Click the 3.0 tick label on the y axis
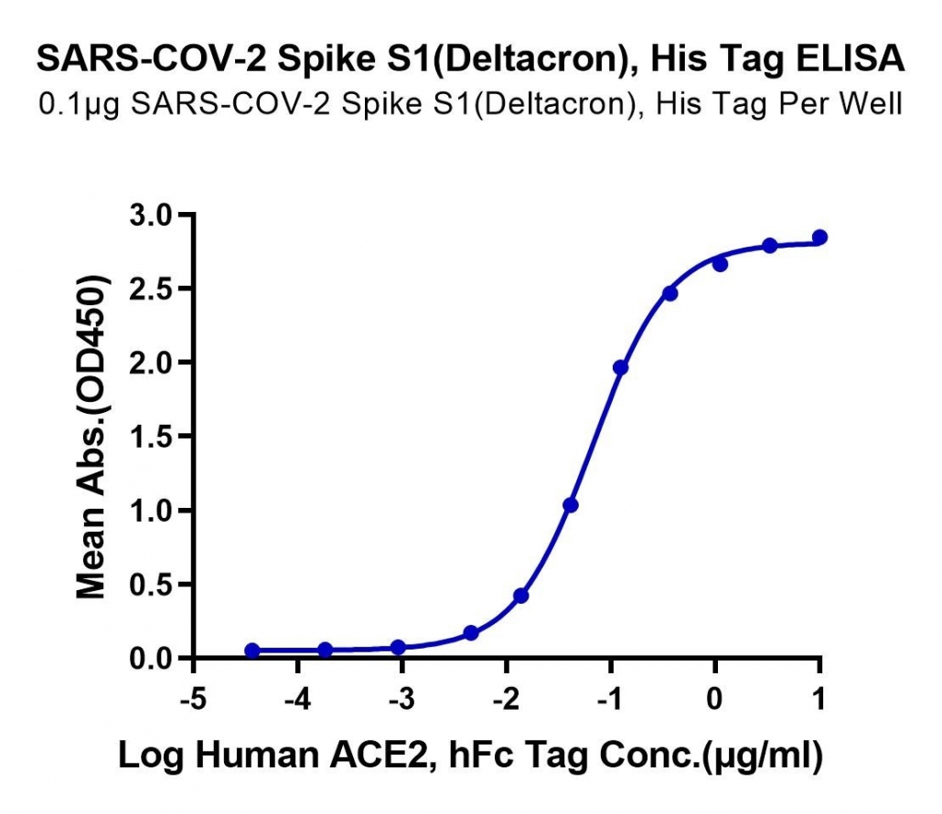tap(151, 216)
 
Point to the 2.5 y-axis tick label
tap(151, 290)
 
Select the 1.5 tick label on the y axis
tap(151, 437)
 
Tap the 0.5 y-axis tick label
tap(151, 585)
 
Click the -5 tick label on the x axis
tap(194, 699)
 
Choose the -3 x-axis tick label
tap(401, 699)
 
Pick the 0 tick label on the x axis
tap(715, 699)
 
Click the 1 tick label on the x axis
tap(819, 699)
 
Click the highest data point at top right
tap(819, 238)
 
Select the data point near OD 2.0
tap(621, 367)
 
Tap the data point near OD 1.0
tap(571, 505)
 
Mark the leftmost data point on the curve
tap(252, 650)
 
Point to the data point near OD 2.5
tap(670, 293)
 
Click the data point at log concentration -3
tap(398, 647)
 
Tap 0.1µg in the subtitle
tap(80, 104)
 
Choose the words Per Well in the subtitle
tap(840, 104)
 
